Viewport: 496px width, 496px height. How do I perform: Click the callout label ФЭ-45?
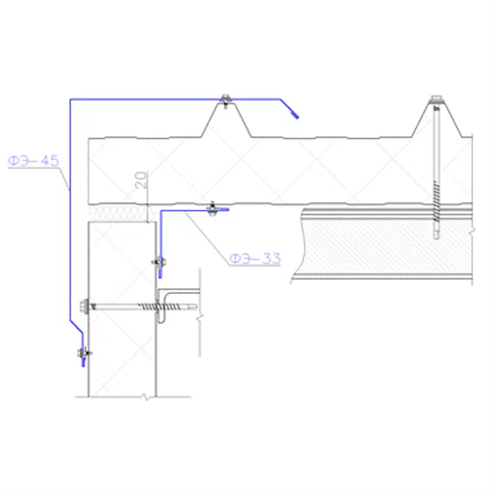point(33,160)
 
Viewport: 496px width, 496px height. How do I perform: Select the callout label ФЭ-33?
point(254,258)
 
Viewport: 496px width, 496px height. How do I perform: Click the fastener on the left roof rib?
point(226,99)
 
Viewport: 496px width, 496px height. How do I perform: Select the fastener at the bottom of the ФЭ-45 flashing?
point(83,356)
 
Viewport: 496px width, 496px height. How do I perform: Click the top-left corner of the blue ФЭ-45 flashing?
point(70,99)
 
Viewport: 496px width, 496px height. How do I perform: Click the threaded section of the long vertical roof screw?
point(436,206)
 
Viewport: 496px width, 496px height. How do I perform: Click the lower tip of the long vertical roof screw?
point(436,237)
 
